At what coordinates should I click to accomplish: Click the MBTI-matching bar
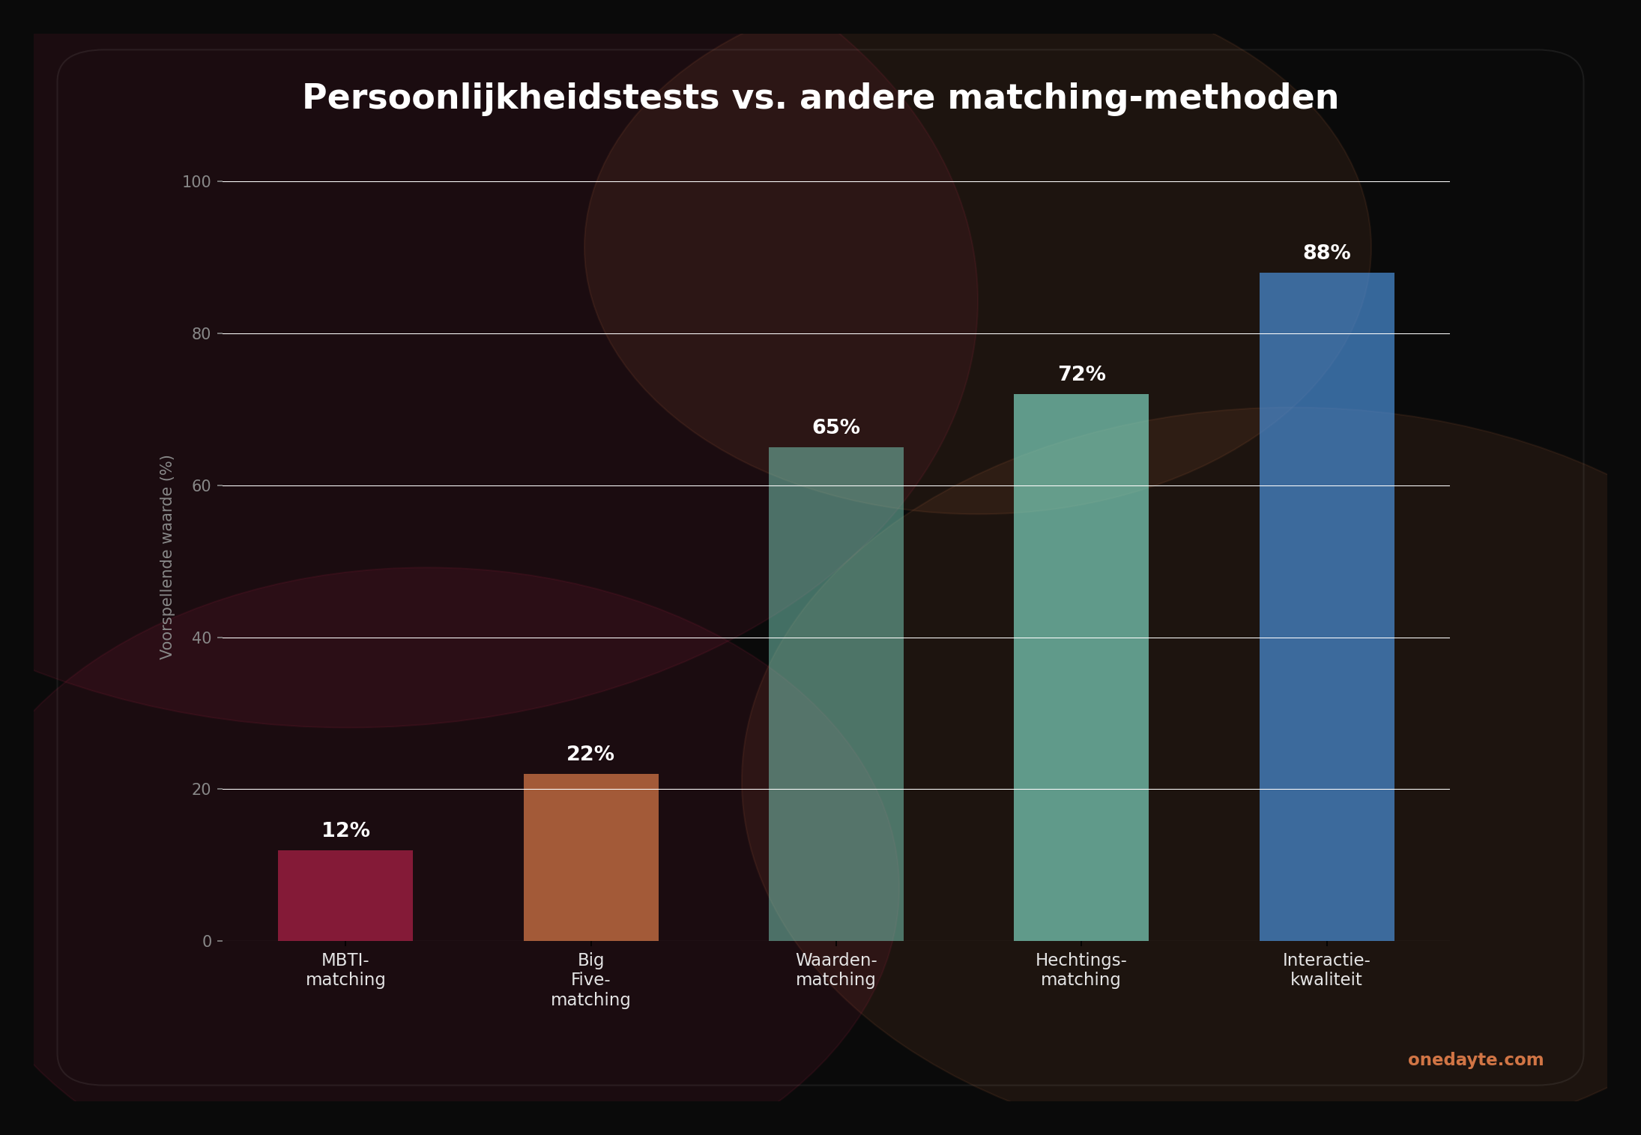[345, 895]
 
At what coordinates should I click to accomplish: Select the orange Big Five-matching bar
[590, 857]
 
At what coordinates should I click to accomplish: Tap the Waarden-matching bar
[835, 694]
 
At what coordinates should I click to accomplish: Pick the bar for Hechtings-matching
[1081, 667]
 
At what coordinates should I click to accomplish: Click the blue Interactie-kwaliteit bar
[1326, 607]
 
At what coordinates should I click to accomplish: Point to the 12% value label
[345, 830]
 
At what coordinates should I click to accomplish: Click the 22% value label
[590, 754]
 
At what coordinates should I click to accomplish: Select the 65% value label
[835, 427]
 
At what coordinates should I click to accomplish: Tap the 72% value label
[1081, 374]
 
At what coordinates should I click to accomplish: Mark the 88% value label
[1326, 252]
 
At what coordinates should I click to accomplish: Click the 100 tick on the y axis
[196, 182]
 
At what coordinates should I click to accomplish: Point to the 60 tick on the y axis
[201, 486]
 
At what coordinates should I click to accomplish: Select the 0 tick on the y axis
[207, 942]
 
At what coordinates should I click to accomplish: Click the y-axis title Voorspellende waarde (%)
[166, 557]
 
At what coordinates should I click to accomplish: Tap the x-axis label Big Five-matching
[590, 979]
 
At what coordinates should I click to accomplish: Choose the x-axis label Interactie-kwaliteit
[1326, 969]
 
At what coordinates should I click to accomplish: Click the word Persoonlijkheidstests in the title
[510, 98]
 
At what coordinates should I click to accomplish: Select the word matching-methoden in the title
[1143, 98]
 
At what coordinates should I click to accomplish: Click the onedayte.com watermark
[1475, 1059]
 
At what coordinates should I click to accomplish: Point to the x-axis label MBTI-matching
[345, 969]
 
